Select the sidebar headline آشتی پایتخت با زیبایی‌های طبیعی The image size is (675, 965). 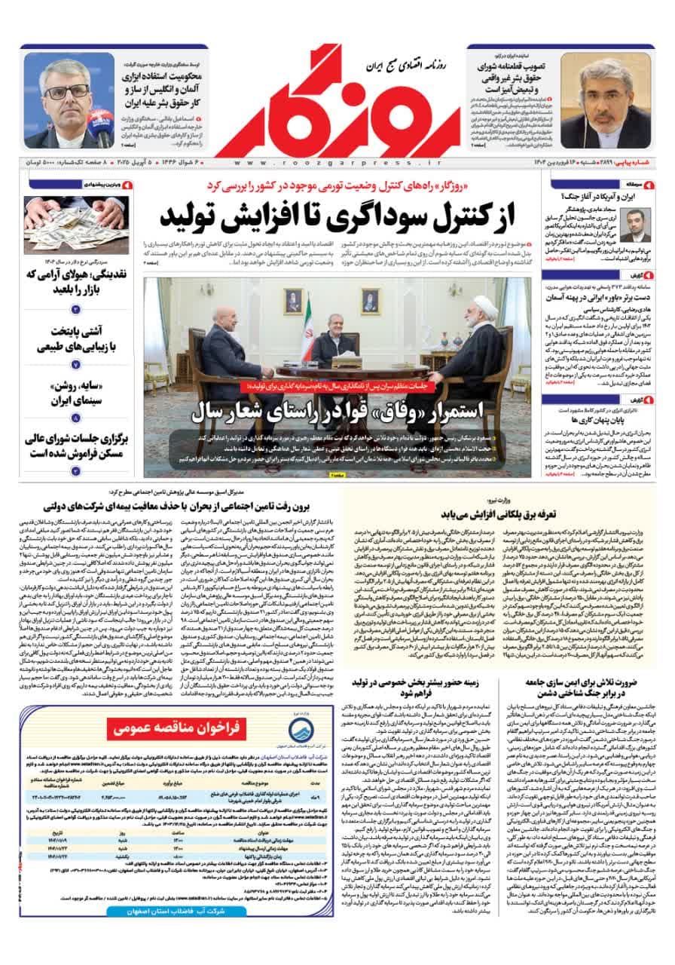[75, 339]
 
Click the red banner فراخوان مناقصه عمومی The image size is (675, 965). [182, 728]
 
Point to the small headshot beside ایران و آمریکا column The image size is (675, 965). [635, 223]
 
